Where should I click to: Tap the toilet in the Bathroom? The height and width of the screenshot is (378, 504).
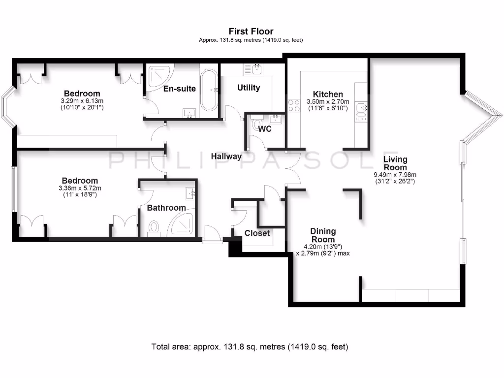(x=154, y=227)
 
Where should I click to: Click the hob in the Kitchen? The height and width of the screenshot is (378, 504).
(x=294, y=105)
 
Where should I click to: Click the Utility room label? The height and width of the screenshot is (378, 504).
(x=249, y=88)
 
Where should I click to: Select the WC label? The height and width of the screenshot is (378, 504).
(x=265, y=129)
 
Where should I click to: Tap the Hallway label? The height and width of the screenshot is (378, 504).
(x=226, y=157)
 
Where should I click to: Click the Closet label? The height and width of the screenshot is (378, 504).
(x=257, y=233)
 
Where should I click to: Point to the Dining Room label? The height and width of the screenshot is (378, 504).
(x=323, y=235)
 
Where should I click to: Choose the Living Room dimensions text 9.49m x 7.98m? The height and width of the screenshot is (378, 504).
(x=395, y=175)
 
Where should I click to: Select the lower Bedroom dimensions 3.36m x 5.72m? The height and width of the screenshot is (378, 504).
(x=80, y=188)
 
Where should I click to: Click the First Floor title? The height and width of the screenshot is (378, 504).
(x=251, y=31)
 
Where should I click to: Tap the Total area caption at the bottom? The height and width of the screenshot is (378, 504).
(x=250, y=347)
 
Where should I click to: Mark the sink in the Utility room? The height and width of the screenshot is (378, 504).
(x=256, y=69)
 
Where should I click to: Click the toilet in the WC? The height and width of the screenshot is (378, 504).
(x=254, y=123)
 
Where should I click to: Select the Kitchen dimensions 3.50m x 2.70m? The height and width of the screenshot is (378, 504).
(x=328, y=102)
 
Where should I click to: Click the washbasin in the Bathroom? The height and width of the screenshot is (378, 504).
(x=191, y=192)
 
